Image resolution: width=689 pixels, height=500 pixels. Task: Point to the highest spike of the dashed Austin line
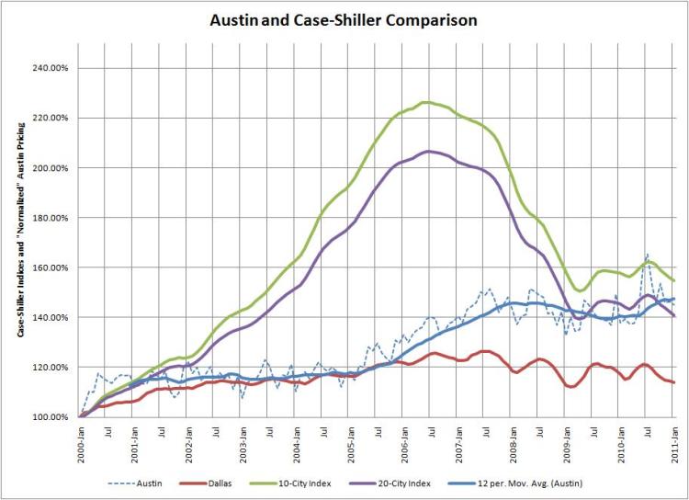click(x=648, y=255)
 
